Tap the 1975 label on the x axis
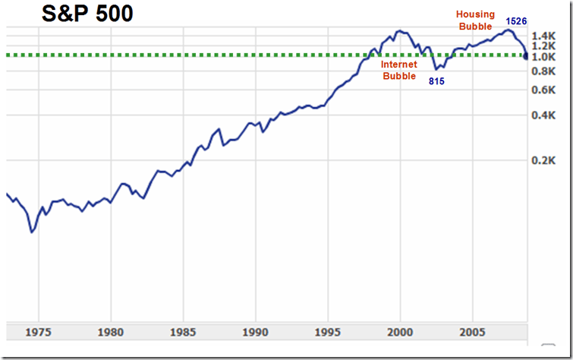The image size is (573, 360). pyautogui.click(x=39, y=332)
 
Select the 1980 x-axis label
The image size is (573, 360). pyautogui.click(x=111, y=332)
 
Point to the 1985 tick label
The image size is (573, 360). pyautogui.click(x=183, y=332)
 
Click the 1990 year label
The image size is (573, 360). pyautogui.click(x=256, y=332)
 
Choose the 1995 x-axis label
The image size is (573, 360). pyautogui.click(x=328, y=332)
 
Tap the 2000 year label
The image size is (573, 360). pyautogui.click(x=400, y=332)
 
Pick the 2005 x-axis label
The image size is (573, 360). pyautogui.click(x=472, y=332)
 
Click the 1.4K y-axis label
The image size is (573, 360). pyautogui.click(x=545, y=36)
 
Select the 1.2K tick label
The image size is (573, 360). pyautogui.click(x=545, y=46)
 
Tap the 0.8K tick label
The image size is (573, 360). pyautogui.click(x=545, y=71)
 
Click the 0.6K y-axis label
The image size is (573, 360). pyautogui.click(x=545, y=90)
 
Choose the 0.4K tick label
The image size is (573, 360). pyautogui.click(x=545, y=115)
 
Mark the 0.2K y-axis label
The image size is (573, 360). pyautogui.click(x=545, y=160)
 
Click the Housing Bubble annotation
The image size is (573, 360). pyautogui.click(x=475, y=21)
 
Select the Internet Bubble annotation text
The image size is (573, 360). pyautogui.click(x=399, y=70)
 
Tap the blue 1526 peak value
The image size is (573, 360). pyautogui.click(x=516, y=21)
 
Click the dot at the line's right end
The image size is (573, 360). pyautogui.click(x=526, y=55)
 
